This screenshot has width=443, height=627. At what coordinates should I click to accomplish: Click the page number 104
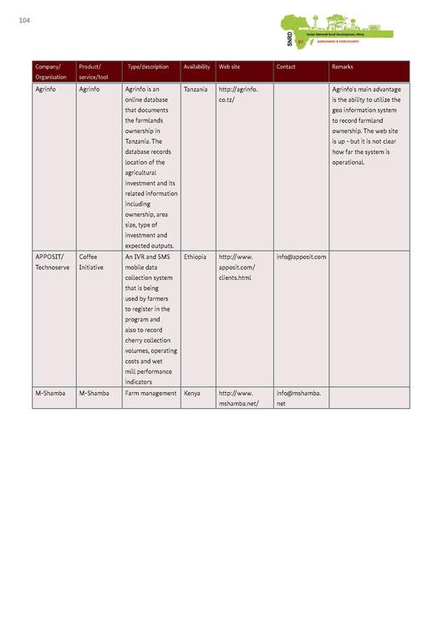[x=23, y=20]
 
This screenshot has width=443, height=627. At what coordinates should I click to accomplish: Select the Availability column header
[x=196, y=67]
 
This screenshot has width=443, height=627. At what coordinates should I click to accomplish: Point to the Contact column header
[x=286, y=67]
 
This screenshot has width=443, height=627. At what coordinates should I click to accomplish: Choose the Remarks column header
[x=343, y=67]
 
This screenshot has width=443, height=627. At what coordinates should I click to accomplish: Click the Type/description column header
[x=148, y=67]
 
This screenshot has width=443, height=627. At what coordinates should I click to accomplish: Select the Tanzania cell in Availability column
[x=196, y=89]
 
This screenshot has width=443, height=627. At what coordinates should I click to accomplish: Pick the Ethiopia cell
[x=195, y=257]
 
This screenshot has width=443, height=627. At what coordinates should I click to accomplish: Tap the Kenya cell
[x=191, y=393]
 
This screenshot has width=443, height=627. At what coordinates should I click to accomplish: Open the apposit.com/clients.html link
[x=236, y=267]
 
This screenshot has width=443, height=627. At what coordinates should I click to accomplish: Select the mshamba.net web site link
[x=238, y=398]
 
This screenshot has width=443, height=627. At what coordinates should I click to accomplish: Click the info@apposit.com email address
[x=301, y=257]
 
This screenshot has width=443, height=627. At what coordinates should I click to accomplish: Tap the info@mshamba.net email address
[x=298, y=398]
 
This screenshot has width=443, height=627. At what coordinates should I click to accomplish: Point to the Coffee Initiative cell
[x=94, y=262]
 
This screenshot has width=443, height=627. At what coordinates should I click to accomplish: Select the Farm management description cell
[x=150, y=393]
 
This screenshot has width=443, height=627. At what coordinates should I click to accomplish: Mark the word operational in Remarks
[x=349, y=162]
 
